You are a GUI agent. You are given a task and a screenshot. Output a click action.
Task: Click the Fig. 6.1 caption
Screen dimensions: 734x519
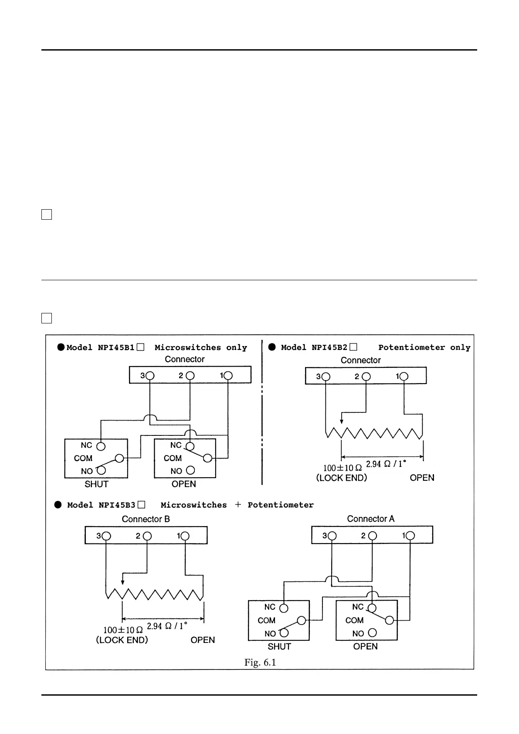(260, 663)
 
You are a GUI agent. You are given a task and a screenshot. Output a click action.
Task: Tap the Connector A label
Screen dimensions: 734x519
(370, 519)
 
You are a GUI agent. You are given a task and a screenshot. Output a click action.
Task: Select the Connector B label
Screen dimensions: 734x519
(146, 519)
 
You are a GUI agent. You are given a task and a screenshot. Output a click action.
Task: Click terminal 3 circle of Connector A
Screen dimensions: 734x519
(332, 536)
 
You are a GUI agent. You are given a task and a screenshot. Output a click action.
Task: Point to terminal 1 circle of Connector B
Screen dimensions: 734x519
(185, 536)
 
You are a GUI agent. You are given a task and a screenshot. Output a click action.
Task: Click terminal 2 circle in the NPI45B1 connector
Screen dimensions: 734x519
(190, 376)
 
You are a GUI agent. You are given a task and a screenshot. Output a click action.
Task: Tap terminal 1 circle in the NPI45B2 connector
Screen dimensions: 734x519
(404, 377)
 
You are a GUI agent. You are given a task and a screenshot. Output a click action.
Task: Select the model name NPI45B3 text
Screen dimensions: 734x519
(117, 505)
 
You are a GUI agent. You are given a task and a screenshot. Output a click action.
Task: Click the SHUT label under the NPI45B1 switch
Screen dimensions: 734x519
(96, 484)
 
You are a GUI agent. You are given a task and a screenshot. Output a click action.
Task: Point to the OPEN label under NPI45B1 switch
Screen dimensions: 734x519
(183, 484)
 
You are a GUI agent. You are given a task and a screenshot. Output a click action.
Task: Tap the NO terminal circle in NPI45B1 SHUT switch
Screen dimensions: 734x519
(101, 470)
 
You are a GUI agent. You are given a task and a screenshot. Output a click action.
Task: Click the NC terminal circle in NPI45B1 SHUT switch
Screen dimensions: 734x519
(101, 446)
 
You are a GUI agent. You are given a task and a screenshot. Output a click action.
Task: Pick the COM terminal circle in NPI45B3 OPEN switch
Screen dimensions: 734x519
(390, 620)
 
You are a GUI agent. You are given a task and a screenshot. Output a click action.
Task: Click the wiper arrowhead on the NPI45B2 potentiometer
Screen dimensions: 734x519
(342, 421)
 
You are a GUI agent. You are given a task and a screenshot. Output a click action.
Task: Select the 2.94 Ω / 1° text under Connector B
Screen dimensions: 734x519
(167, 626)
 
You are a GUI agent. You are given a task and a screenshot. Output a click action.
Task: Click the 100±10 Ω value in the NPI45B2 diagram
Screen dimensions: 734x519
(342, 468)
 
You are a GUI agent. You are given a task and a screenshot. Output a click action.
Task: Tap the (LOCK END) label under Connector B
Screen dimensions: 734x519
(122, 640)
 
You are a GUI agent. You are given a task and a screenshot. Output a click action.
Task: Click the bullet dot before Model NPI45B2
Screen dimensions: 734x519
(272, 347)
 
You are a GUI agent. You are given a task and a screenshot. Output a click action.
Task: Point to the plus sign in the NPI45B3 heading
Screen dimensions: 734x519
(237, 505)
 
